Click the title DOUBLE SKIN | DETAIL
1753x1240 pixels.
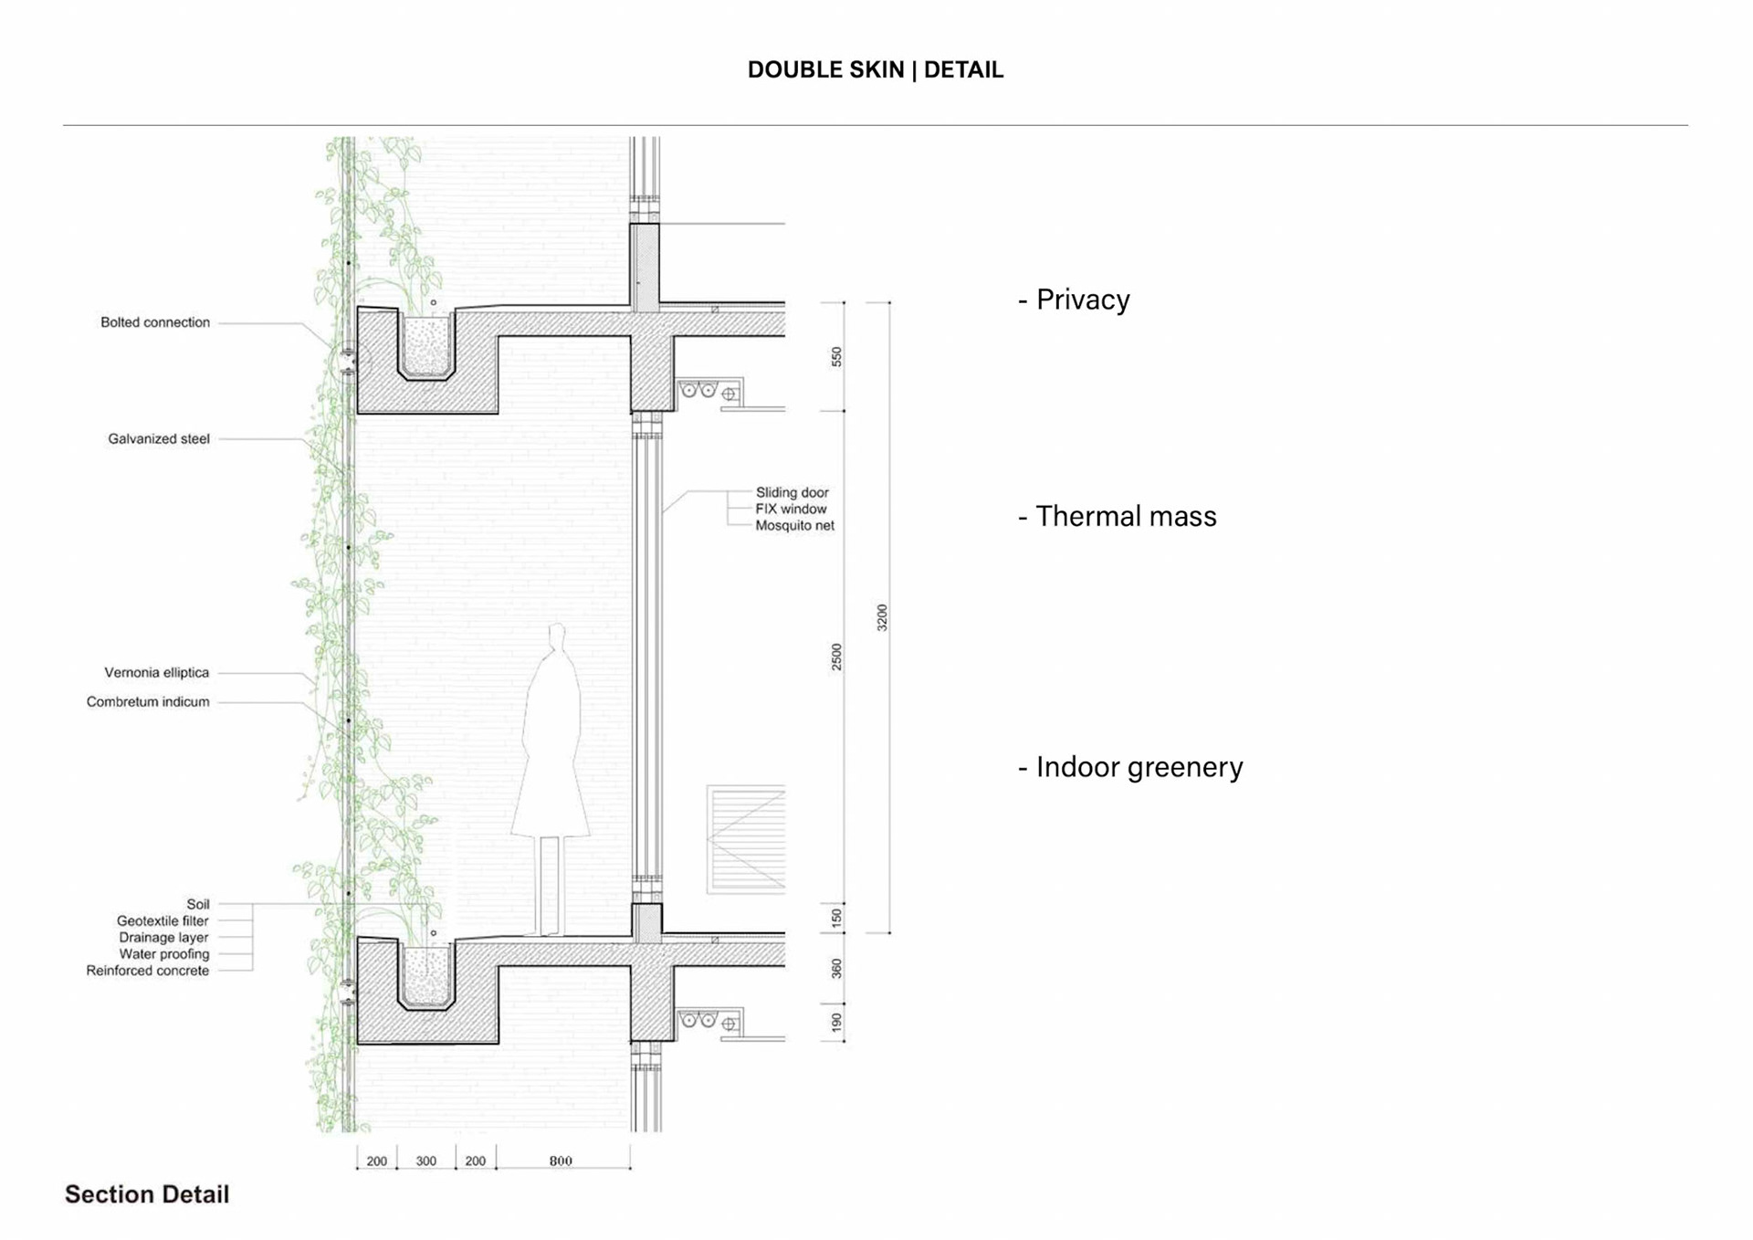point(875,69)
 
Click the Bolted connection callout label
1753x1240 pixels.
point(155,322)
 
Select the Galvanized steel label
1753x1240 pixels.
point(159,439)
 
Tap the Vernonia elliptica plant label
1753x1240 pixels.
point(156,673)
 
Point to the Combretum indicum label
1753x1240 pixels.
point(148,702)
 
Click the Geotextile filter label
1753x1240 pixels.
point(163,921)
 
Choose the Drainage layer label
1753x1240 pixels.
point(163,938)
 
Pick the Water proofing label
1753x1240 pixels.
point(164,954)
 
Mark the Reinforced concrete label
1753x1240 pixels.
point(148,971)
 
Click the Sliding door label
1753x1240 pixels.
point(792,493)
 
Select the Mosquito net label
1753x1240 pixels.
point(794,526)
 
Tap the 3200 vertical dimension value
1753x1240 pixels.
point(882,617)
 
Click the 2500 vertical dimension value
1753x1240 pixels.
point(836,657)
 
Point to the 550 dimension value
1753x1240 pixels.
point(836,357)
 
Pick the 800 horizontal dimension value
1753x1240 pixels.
point(561,1161)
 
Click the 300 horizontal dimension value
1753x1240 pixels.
point(425,1161)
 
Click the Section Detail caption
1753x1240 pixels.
point(147,1194)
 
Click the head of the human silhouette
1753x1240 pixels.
point(556,636)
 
